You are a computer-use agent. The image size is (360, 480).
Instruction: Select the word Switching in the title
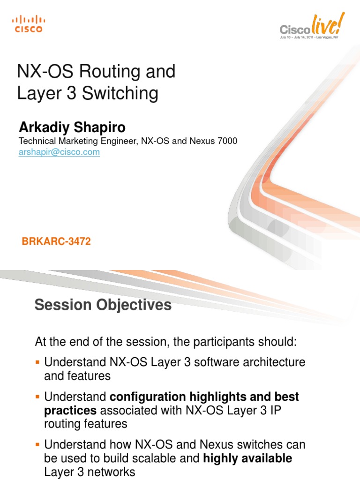120,94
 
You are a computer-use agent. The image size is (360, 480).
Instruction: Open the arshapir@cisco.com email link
59,152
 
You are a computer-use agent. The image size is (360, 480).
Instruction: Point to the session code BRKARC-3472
56,242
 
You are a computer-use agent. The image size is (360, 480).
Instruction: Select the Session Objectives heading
103,305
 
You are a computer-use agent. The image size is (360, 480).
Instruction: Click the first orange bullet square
38,362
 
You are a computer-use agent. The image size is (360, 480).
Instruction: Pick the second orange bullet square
38,397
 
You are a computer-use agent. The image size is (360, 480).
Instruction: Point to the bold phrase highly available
247,458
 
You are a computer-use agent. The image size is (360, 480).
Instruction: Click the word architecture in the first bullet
275,362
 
